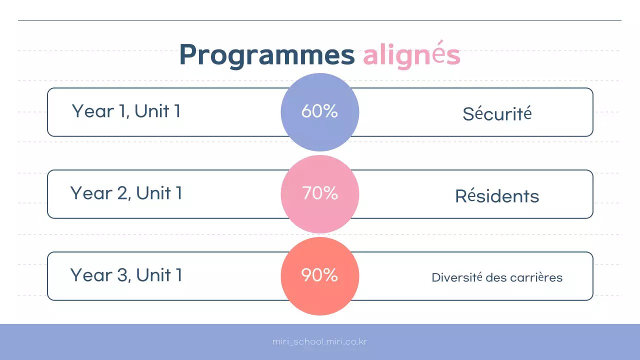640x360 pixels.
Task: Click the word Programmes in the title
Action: tap(266, 55)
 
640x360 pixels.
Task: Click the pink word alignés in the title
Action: tap(411, 55)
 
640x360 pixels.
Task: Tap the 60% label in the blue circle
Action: tap(319, 111)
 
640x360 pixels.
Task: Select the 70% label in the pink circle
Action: tap(319, 193)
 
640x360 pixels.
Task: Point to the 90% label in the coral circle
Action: tap(319, 275)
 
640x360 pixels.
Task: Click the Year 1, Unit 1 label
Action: tap(126, 111)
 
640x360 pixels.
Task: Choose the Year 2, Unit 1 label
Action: tap(126, 193)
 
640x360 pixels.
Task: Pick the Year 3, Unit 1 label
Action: tap(126, 275)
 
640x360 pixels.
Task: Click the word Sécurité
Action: tap(497, 114)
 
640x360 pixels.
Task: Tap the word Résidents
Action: tap(497, 196)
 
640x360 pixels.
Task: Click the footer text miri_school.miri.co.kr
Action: tap(320, 342)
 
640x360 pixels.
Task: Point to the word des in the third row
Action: tap(496, 277)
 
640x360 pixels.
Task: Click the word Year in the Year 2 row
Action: tap(90, 193)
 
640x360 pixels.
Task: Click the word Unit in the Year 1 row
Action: tap(152, 111)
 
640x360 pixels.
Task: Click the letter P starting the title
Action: tap(188, 55)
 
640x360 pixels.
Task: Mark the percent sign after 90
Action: tap(330, 275)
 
